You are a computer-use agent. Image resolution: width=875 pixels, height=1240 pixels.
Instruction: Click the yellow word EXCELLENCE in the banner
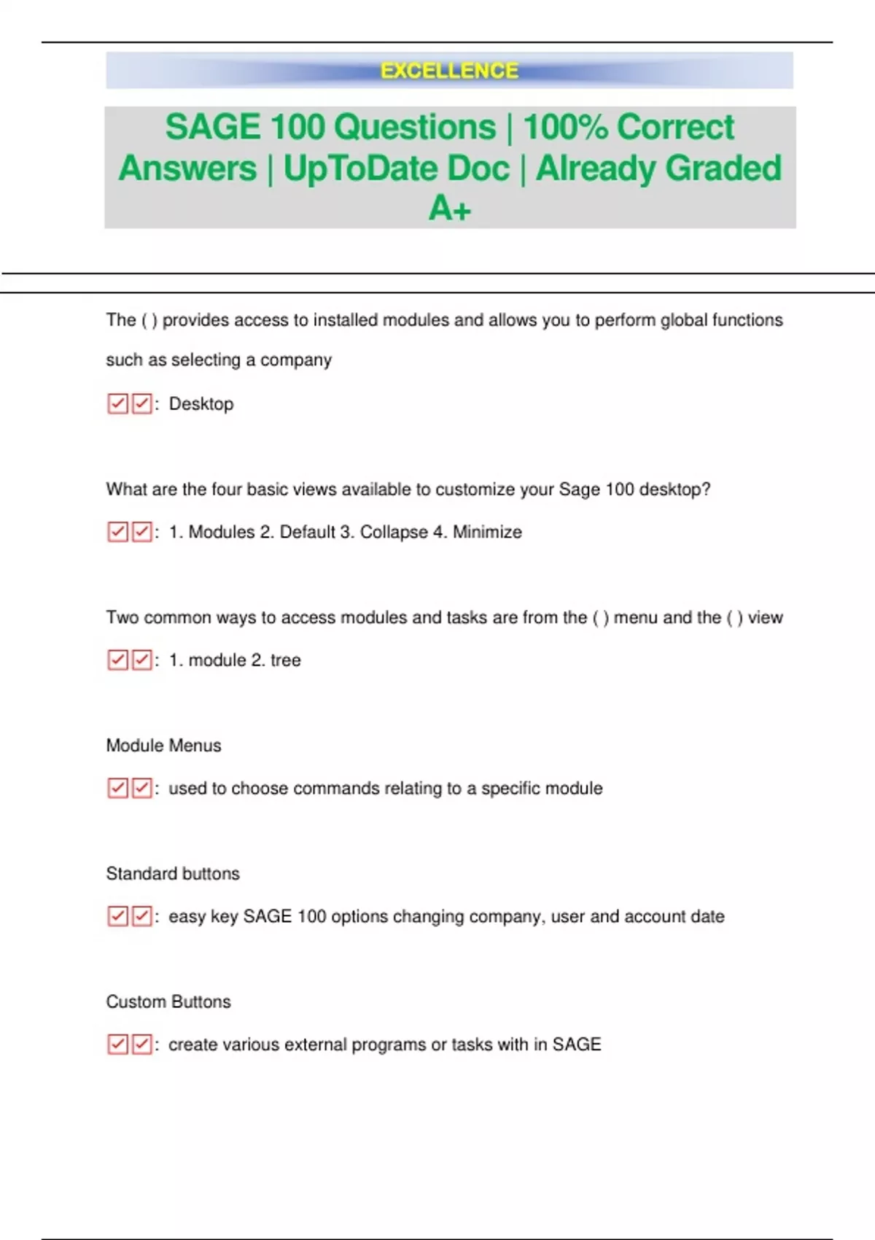coord(449,71)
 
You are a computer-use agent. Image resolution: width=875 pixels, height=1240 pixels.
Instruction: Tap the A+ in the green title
coord(450,209)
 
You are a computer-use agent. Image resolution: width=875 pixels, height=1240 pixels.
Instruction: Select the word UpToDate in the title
coord(396,168)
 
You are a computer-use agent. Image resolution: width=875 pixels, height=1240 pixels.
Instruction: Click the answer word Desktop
coord(201,404)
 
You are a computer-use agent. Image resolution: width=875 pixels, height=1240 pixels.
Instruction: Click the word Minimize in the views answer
coord(487,532)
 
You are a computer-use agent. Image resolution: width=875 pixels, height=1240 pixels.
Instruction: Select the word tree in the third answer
coord(286,661)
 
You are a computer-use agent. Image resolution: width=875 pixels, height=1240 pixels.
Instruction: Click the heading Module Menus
coord(163,745)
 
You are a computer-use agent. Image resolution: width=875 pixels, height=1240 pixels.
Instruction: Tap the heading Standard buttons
coord(173,874)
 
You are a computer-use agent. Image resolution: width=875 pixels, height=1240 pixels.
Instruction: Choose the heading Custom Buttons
coord(168,1002)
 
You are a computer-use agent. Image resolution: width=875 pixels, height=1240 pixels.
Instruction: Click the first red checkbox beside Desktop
coord(117,404)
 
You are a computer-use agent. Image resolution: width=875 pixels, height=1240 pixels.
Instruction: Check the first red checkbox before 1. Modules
coord(117,532)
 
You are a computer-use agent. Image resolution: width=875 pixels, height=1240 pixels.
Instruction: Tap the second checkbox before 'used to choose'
coord(141,788)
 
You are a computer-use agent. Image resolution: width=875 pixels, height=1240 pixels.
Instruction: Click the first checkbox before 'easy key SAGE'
coord(117,917)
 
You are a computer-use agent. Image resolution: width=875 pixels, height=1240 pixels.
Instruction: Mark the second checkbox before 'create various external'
coord(141,1045)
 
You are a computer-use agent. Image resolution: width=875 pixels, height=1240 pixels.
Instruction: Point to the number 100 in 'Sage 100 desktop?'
coord(619,489)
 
